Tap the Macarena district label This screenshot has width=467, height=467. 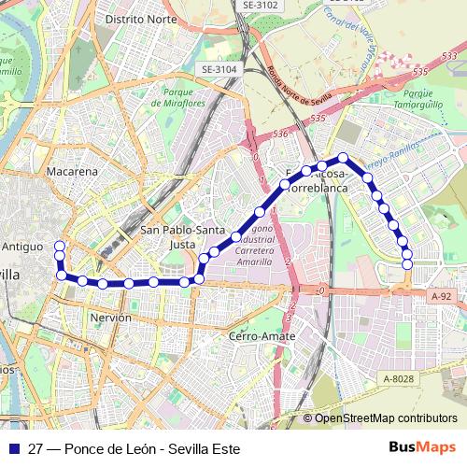click(72, 172)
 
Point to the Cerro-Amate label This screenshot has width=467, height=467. click(262, 335)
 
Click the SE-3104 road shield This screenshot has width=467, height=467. click(219, 69)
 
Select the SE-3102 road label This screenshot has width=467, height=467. click(261, 5)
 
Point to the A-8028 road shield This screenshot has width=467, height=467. click(398, 378)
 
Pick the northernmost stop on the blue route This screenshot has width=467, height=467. click(343, 158)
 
